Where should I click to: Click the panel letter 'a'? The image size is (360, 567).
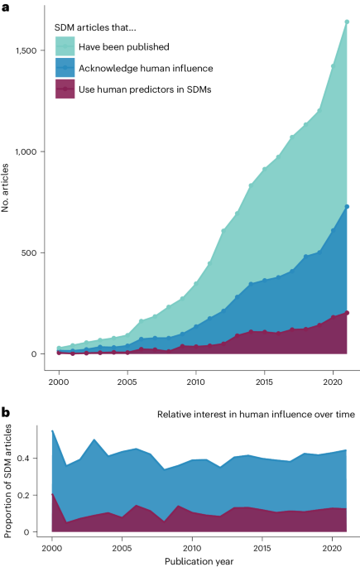point(7,7)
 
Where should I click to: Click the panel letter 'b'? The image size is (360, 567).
point(7,411)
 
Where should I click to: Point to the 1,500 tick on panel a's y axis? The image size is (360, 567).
point(26,50)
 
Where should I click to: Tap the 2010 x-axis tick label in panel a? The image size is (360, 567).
point(196,382)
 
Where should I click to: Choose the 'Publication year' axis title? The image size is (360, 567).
point(193,560)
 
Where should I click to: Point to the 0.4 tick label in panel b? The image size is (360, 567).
point(32,458)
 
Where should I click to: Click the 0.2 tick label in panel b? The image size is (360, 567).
point(32,495)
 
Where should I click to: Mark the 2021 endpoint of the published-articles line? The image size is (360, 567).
point(347,22)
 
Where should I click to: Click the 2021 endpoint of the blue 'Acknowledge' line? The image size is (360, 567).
point(347,207)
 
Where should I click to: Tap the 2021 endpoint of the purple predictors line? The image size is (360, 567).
point(347,313)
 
